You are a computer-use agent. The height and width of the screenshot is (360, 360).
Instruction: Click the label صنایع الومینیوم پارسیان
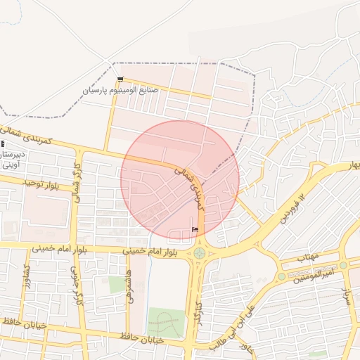pos(120,90)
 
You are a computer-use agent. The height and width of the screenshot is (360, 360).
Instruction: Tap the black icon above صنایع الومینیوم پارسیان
pos(120,79)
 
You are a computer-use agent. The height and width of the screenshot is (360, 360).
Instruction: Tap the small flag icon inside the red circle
pos(195,229)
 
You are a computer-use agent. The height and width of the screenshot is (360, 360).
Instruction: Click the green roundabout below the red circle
pos(200,252)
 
